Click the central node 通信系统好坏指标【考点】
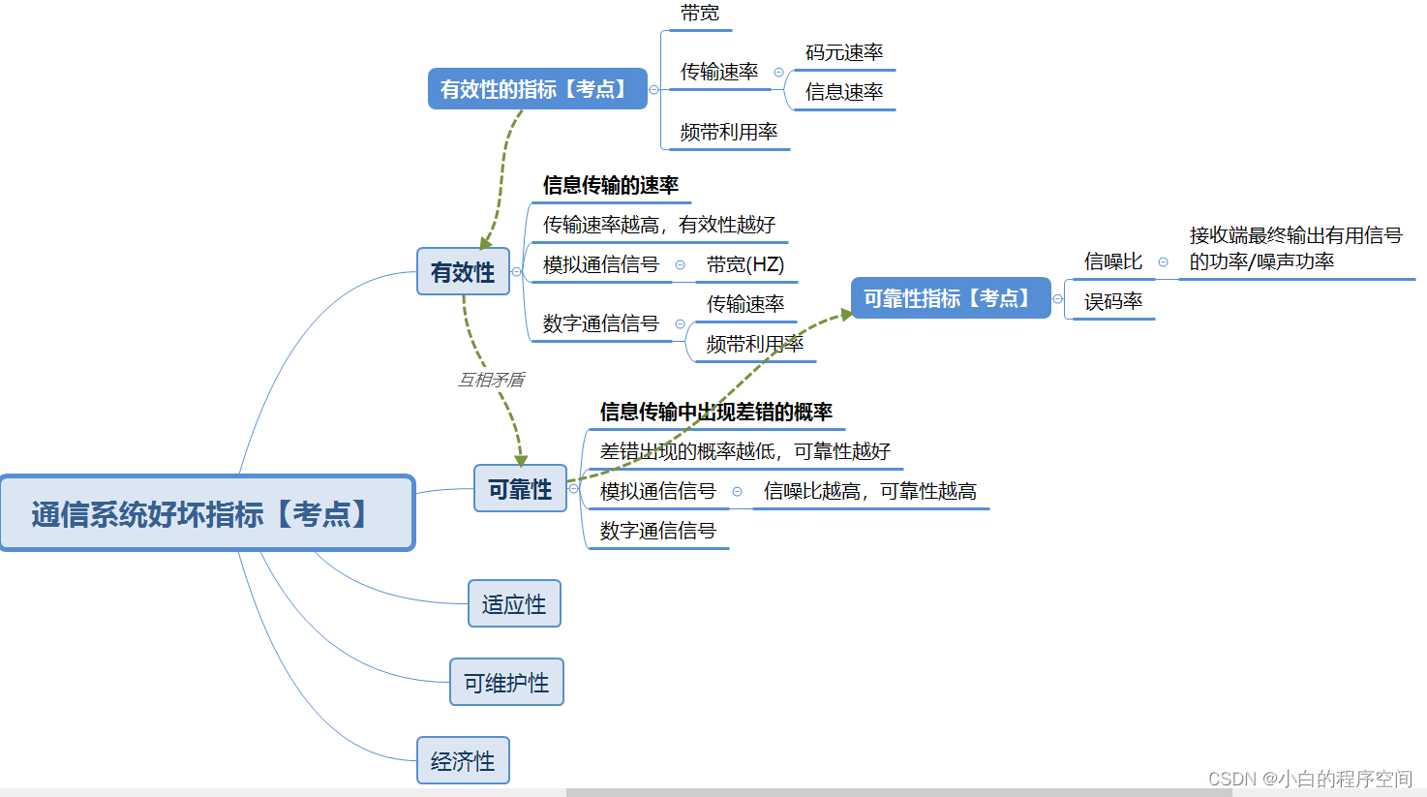coord(207,513)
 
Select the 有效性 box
coord(463,272)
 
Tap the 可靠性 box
coord(520,489)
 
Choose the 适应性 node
coord(514,604)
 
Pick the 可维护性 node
coord(506,683)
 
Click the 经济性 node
coord(463,761)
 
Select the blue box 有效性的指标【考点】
coord(537,89)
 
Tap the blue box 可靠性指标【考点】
coord(950,298)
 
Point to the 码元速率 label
coord(844,52)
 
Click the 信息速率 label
coord(844,92)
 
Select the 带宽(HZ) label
coord(744,264)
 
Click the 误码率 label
coord(1113,301)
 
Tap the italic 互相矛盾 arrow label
coord(491,380)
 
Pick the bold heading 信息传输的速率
coord(610,185)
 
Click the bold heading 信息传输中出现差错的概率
coord(715,412)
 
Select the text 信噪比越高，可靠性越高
coord(869,491)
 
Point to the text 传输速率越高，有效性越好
coord(658,225)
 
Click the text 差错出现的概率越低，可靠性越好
coord(744,451)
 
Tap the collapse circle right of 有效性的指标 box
coord(653,89)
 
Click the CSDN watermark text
coord(1310,779)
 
